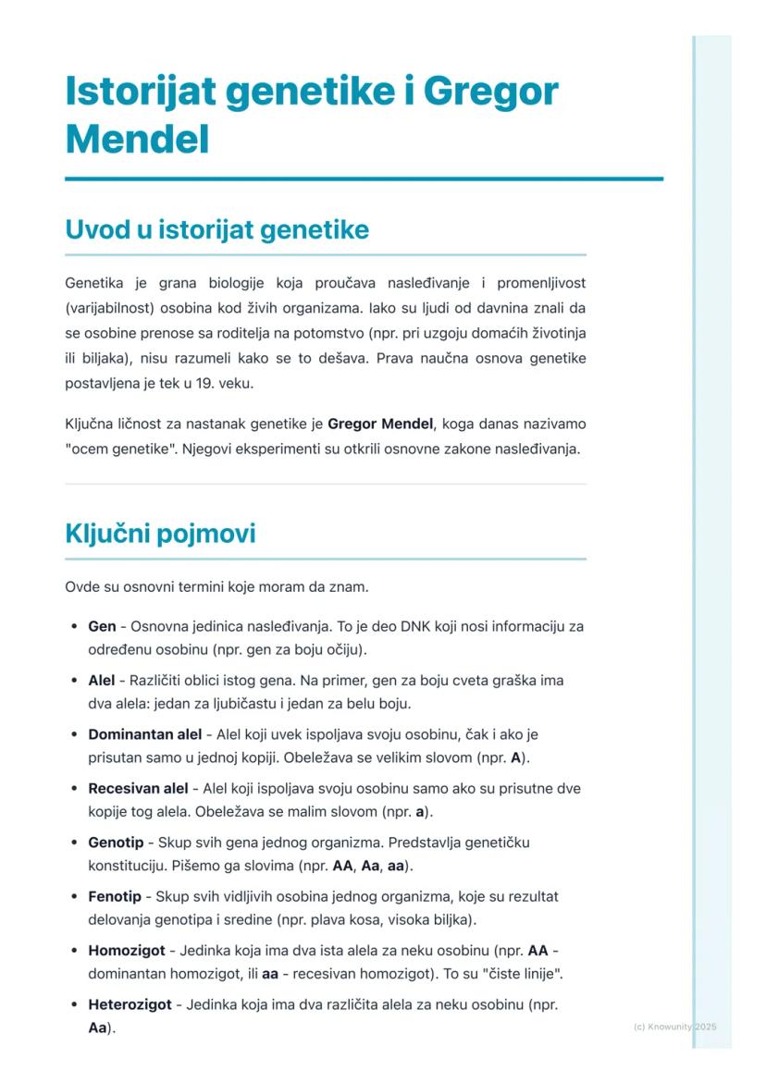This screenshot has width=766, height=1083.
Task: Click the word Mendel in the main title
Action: [x=137, y=140]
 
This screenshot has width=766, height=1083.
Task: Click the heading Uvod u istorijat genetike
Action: [x=216, y=230]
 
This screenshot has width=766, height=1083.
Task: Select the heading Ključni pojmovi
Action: [x=160, y=534]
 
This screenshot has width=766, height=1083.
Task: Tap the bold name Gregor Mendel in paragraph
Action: [x=380, y=425]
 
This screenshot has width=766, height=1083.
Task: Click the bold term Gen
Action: [x=102, y=627]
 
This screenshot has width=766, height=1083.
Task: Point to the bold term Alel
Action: [x=102, y=681]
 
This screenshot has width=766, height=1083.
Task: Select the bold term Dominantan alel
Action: [x=144, y=735]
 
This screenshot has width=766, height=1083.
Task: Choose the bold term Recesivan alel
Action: [x=138, y=789]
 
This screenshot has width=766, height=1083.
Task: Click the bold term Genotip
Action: [x=116, y=843]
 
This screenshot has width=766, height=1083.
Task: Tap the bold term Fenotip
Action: [x=115, y=897]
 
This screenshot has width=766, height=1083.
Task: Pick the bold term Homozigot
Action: [x=127, y=951]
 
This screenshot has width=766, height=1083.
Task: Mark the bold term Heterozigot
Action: [x=130, y=1004]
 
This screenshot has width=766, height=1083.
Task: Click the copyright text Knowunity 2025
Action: [x=675, y=1028]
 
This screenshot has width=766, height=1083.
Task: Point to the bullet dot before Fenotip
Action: [x=73, y=897]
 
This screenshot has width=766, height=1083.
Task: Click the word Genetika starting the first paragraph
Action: [x=93, y=282]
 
